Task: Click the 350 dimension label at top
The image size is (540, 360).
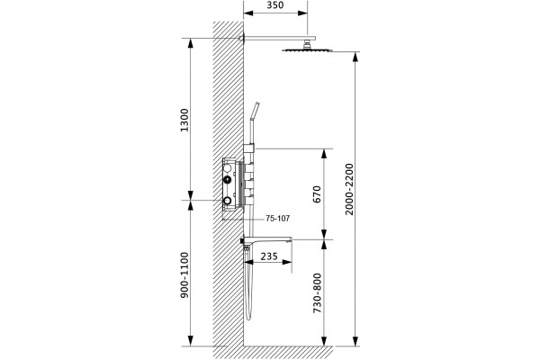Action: [x=275, y=5]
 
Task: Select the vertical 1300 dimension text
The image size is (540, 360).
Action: [x=184, y=120]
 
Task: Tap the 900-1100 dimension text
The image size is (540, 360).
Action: [x=184, y=274]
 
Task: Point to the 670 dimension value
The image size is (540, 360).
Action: [x=317, y=194]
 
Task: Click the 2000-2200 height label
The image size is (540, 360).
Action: [x=349, y=189]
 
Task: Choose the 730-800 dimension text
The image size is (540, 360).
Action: [x=317, y=293]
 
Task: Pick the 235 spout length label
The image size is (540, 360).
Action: [x=269, y=256]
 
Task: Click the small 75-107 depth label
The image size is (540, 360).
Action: [x=277, y=219]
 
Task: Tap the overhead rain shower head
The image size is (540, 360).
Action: [x=307, y=50]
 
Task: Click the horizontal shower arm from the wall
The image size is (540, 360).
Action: [x=277, y=38]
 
